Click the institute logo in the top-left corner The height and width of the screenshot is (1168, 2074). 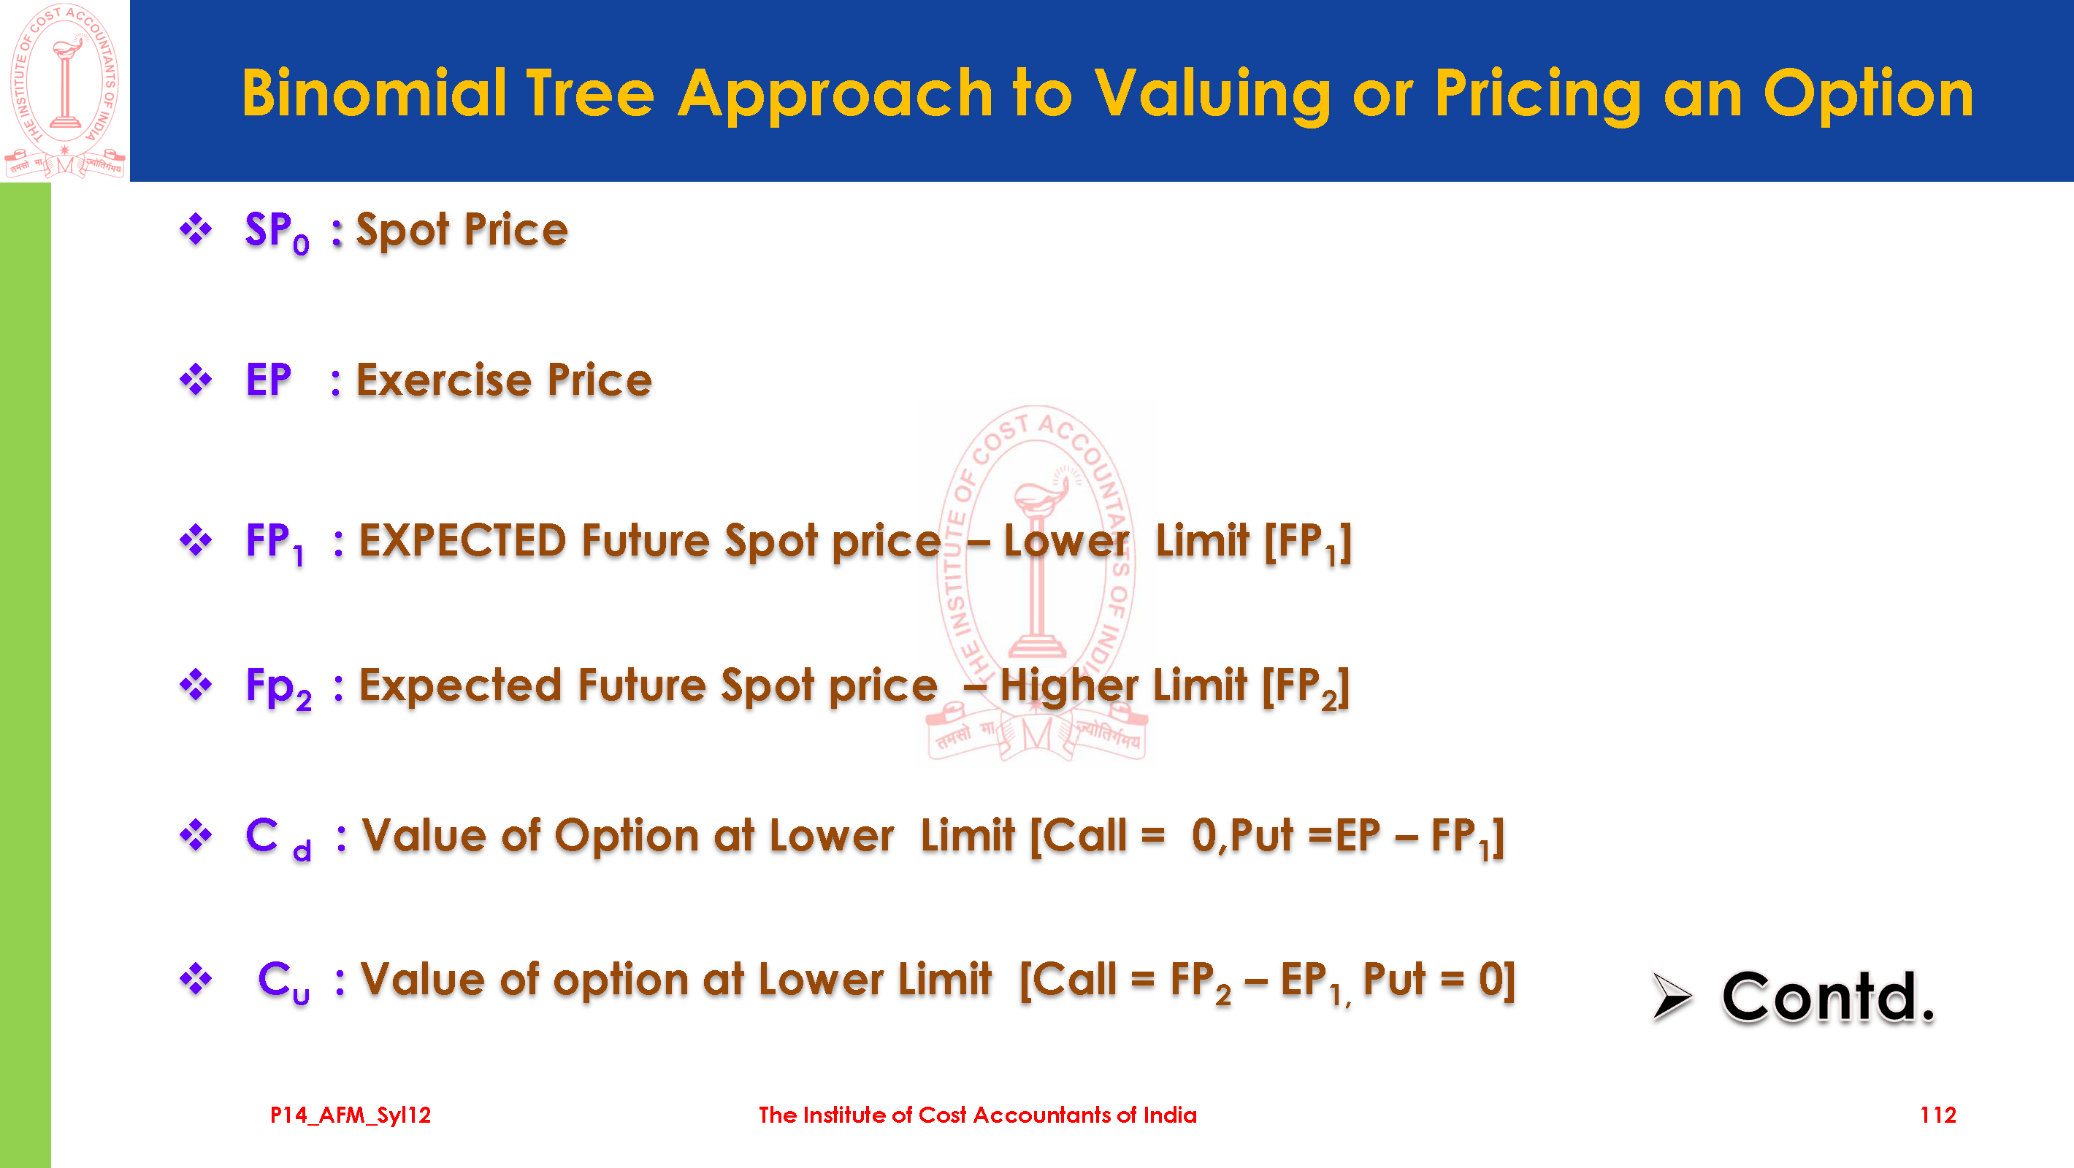(x=65, y=91)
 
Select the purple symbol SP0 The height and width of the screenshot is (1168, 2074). (x=277, y=232)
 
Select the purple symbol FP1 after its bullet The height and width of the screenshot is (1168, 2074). (x=275, y=542)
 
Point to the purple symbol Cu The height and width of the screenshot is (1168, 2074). (x=283, y=982)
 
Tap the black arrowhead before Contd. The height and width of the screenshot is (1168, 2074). (x=1672, y=996)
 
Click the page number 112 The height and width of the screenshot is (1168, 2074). (x=1938, y=1115)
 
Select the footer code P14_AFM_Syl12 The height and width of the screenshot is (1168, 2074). (x=351, y=1115)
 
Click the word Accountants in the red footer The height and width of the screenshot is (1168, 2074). (x=1042, y=1115)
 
